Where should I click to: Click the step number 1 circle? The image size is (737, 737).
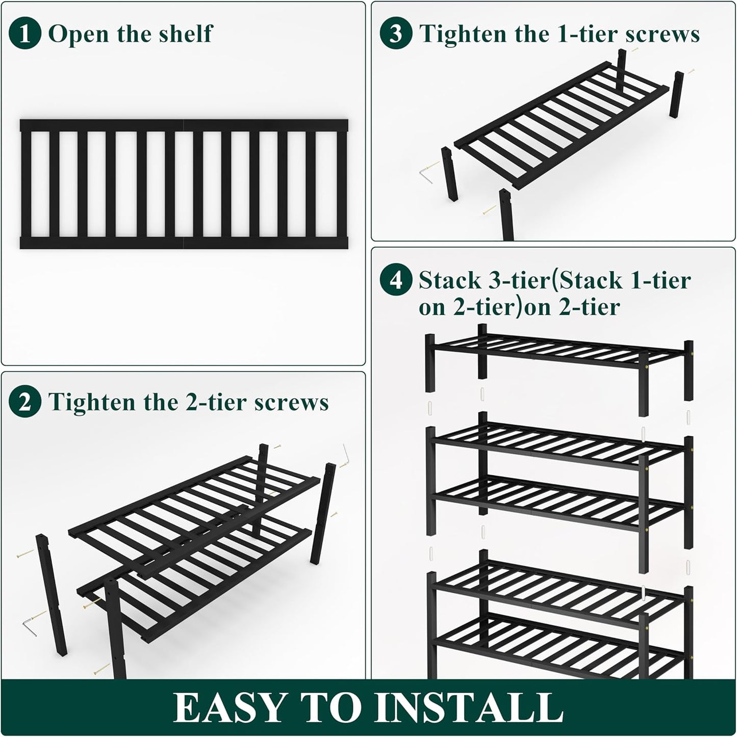(25, 34)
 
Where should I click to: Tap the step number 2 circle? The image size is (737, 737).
(25, 402)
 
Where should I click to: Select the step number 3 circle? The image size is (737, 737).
(396, 34)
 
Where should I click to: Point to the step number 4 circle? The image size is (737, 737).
(396, 280)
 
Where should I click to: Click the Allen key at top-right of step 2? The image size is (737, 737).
(345, 452)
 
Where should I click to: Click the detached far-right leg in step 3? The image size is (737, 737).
(678, 95)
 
